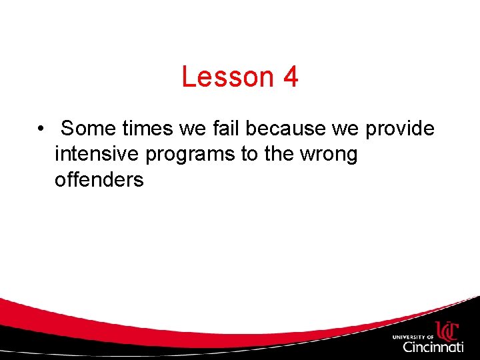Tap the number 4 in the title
(290, 77)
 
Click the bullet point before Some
(41, 128)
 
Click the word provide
(400, 128)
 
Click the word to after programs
(249, 154)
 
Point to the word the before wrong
(279, 154)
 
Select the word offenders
(99, 180)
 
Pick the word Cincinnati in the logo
(433, 347)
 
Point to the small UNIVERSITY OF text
(413, 337)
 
